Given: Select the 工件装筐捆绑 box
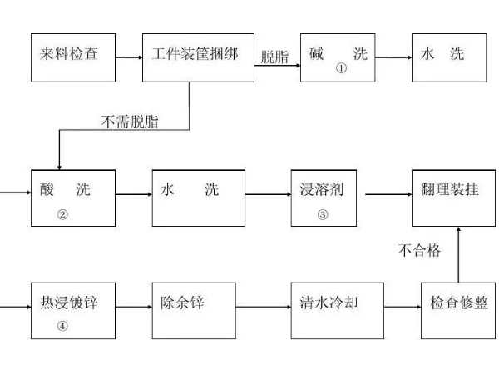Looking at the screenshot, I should [198, 57].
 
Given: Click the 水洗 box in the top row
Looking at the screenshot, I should [449, 57].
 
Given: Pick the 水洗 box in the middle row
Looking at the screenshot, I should [199, 197].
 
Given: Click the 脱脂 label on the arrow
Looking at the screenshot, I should [274, 57].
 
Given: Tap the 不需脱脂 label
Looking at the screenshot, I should [130, 122].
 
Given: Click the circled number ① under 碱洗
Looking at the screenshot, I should [340, 69].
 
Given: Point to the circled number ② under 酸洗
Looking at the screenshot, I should [62, 214].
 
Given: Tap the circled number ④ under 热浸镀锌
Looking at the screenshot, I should [62, 326].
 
